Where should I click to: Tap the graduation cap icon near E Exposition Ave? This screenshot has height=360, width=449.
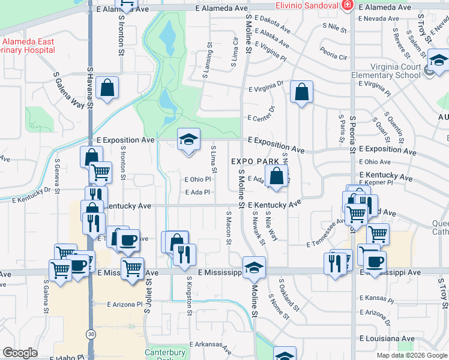pos(188,140)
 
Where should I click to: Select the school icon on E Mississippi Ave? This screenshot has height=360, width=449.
pos(254,268)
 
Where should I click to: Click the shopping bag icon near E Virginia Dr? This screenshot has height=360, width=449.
pos(302,92)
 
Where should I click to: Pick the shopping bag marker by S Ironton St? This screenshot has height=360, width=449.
pos(106,88)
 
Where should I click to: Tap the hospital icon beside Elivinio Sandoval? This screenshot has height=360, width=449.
pos(346,5)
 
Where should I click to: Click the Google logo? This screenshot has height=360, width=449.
pos(20,353)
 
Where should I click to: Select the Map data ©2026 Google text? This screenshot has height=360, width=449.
pos(412,355)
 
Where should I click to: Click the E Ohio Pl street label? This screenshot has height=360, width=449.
pos(197,179)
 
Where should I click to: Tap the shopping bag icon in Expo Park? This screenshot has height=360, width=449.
pos(277,177)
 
